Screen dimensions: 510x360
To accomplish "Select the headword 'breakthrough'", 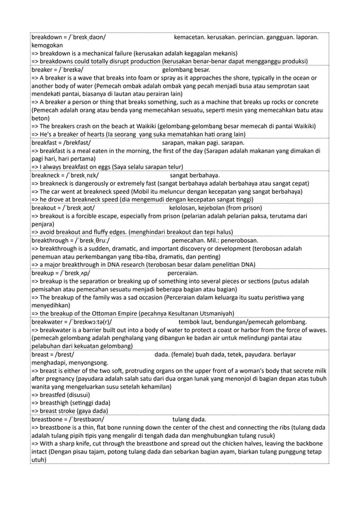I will coord(51,241).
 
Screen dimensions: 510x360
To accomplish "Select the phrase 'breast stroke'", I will coord(62,411).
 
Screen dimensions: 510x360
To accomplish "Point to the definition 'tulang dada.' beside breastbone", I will coord(189,420).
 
